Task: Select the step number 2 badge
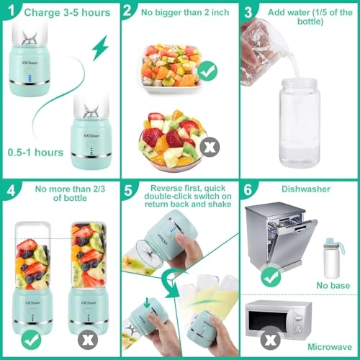pyautogui.click(x=127, y=11)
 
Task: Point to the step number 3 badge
pyautogui.click(x=248, y=11)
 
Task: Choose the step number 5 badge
pyautogui.click(x=127, y=193)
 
